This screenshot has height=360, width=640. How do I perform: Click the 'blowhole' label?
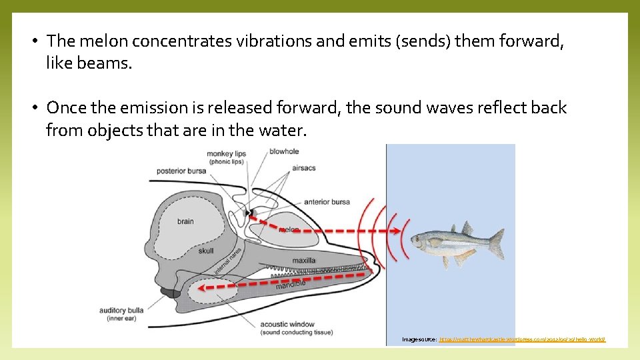(x=284, y=151)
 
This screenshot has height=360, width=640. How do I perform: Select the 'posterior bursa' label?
(x=181, y=171)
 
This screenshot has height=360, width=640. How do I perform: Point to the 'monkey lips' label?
(x=226, y=154)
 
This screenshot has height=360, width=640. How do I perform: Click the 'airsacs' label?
(x=303, y=168)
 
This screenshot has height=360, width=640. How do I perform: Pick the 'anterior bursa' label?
(x=327, y=201)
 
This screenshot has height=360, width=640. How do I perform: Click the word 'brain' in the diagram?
(x=185, y=221)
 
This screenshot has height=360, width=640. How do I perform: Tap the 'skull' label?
(x=206, y=251)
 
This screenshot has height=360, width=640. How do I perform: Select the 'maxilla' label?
(x=304, y=260)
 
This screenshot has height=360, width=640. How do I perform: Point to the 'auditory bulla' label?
(x=121, y=311)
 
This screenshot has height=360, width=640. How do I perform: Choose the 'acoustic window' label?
(x=287, y=324)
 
